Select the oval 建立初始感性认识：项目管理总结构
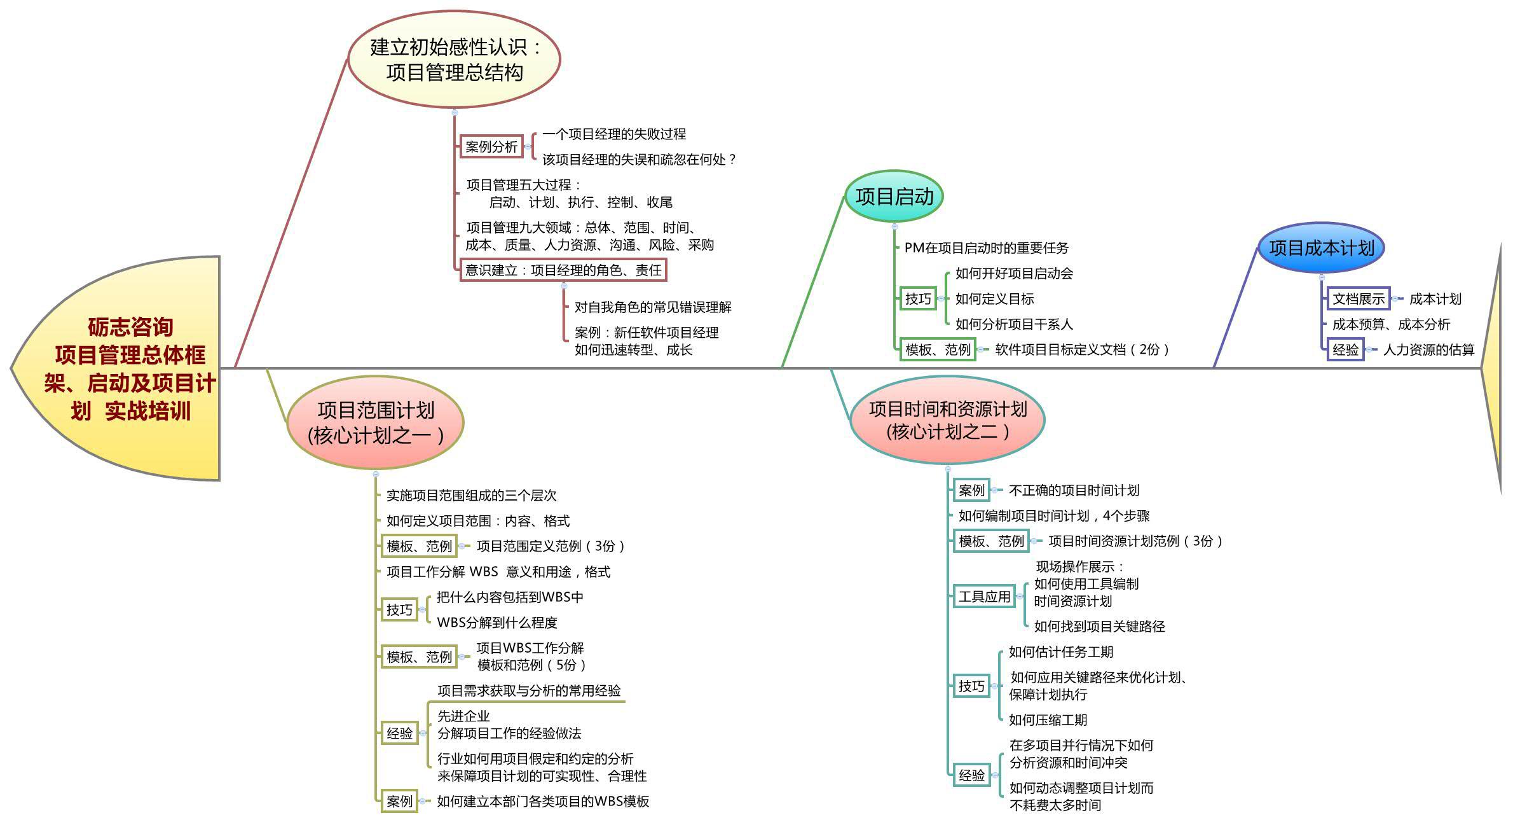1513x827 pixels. [454, 59]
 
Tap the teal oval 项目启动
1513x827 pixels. [894, 197]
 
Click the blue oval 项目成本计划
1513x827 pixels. [1321, 248]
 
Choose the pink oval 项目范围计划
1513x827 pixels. [375, 422]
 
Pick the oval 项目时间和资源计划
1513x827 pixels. [947, 420]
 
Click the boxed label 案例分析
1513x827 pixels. [491, 147]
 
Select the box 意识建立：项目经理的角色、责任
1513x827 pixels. [563, 270]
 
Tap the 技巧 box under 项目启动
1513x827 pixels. [918, 299]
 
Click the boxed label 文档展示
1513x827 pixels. [1359, 299]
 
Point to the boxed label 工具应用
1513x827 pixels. [984, 597]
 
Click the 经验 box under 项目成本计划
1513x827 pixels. [1345, 350]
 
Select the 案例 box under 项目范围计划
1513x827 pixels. [399, 802]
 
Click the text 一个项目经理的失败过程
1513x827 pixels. [614, 134]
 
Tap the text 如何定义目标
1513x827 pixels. [994, 299]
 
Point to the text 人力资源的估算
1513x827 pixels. [1428, 350]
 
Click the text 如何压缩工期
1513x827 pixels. [1048, 720]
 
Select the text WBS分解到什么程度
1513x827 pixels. [497, 623]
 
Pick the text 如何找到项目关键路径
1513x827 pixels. [1099, 627]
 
